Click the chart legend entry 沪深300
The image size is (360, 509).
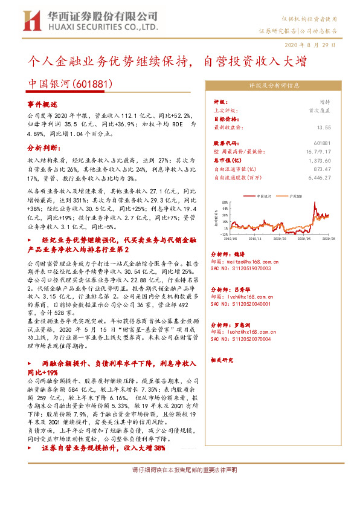[300, 197]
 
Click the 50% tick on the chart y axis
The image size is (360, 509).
[225, 202]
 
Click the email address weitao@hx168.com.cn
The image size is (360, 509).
[244, 262]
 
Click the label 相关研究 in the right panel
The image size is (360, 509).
[221, 360]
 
